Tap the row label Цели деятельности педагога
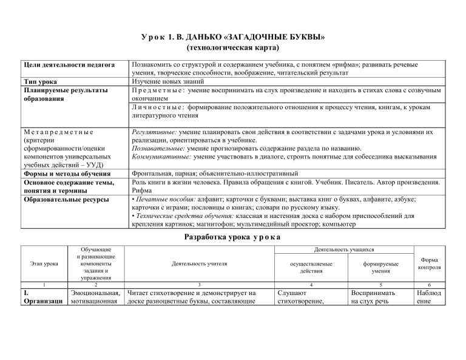tap(70, 64)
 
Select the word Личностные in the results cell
tap(159, 107)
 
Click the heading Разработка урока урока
tap(233, 237)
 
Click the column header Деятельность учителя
tap(199, 264)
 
